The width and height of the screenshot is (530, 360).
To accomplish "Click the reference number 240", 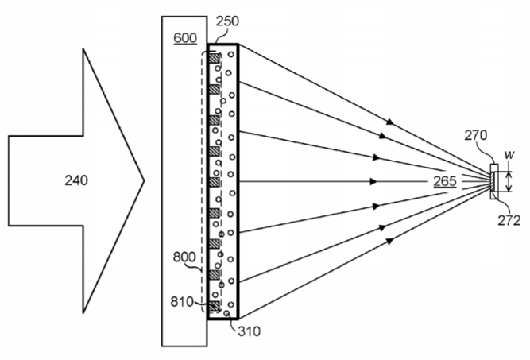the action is (76, 180).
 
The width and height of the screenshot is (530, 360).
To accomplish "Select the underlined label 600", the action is (185, 38).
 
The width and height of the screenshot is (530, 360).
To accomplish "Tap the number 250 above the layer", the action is (227, 21).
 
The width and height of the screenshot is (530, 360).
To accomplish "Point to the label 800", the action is (184, 257).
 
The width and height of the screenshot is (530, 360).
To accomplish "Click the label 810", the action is (182, 301).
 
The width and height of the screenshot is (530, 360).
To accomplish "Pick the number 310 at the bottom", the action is (250, 331).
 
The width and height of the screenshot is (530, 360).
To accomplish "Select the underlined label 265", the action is (445, 181).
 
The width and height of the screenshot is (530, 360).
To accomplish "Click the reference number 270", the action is (476, 135).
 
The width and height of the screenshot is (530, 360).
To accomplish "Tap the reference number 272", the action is (509, 220).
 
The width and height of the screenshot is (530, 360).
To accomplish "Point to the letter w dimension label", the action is (509, 155).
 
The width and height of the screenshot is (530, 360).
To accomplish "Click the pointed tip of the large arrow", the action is (145, 180).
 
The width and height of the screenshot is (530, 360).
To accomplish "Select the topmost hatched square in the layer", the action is (214, 58).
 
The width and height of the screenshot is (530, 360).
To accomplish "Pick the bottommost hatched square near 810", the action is (214, 306).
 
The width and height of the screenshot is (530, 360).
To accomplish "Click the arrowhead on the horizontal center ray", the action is (373, 181).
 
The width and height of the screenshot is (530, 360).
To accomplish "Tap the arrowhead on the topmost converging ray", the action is (390, 122).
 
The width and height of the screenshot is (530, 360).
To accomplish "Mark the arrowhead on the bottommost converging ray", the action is (390, 241).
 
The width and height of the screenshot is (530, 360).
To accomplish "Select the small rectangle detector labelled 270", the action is (494, 181).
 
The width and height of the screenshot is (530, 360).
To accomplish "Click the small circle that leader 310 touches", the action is (226, 313).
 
